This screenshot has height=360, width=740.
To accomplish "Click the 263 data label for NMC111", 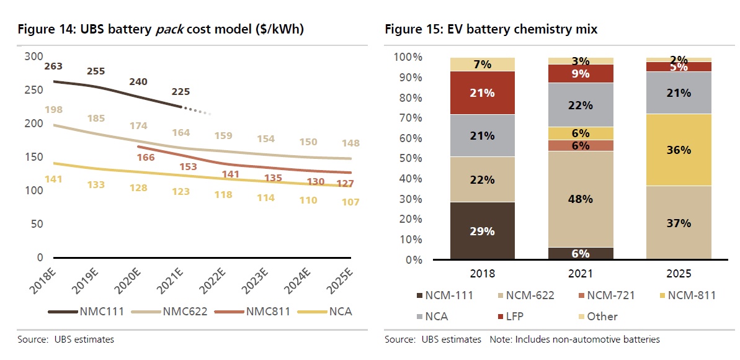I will [x=54, y=67].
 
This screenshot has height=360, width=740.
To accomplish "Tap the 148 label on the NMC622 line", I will [x=350, y=144].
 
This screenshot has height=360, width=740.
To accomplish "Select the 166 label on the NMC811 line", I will [x=145, y=158].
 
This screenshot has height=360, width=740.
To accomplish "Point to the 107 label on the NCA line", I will [x=349, y=202].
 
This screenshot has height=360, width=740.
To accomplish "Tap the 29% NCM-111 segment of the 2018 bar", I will [x=483, y=231].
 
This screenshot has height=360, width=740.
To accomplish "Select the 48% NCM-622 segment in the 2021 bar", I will [x=581, y=199].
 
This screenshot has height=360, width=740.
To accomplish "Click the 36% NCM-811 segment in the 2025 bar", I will [x=679, y=150].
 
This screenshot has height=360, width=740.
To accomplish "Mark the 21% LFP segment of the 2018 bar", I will [x=483, y=93].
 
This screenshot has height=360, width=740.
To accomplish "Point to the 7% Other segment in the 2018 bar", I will [x=483, y=64].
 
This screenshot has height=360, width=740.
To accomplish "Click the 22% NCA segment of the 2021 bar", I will [x=581, y=106].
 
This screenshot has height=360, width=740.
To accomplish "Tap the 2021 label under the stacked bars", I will [x=581, y=274].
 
